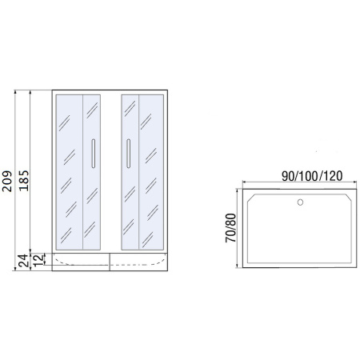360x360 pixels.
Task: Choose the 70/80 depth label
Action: pos(231,228)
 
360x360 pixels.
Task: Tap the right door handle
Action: pos(126,154)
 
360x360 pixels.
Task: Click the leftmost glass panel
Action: pos(68,172)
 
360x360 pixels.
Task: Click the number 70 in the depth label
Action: pos(231,238)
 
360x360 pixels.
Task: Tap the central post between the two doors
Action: pos(111,172)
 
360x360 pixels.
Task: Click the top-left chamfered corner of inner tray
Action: pos(250,196)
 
